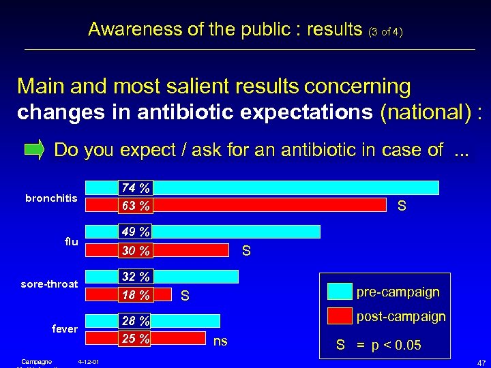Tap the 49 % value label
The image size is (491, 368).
pyautogui.click(x=135, y=232)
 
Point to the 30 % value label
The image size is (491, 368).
pyautogui.click(x=135, y=251)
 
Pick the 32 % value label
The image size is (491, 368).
pyautogui.click(x=135, y=277)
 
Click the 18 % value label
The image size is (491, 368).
pyautogui.click(x=135, y=295)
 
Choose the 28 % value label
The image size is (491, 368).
pyautogui.click(x=135, y=321)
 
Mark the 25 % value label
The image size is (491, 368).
pyautogui.click(x=135, y=338)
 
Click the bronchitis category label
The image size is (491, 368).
pyautogui.click(x=51, y=198)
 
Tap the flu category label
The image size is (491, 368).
pyautogui.click(x=72, y=241)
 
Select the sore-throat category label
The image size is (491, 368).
pyautogui.click(x=49, y=284)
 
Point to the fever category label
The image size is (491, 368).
pyautogui.click(x=65, y=328)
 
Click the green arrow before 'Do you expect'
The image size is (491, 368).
pyautogui.click(x=34, y=149)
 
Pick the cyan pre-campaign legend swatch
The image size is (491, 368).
pyautogui.click(x=340, y=292)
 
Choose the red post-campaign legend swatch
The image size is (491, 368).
pyautogui.click(x=340, y=316)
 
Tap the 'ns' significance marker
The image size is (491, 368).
pyautogui.click(x=220, y=340)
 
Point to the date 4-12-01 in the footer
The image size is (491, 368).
pyautogui.click(x=89, y=361)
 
